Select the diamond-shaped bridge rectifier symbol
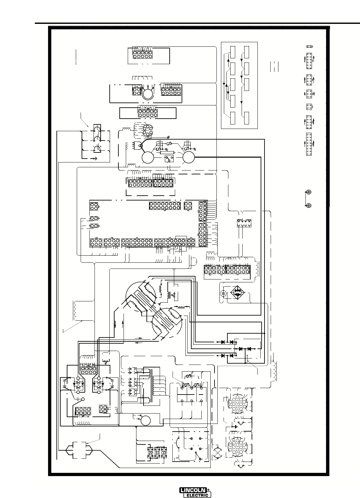237,293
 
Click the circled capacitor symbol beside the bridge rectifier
223,293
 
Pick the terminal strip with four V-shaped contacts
244,223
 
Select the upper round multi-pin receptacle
235,404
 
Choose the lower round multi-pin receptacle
235,447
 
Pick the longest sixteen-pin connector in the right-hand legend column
309,144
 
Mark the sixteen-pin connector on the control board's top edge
165,205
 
